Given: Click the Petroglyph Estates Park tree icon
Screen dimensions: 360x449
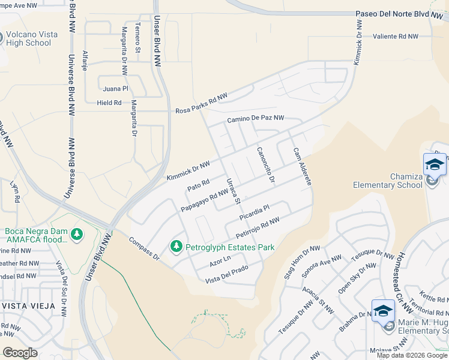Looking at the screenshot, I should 176,246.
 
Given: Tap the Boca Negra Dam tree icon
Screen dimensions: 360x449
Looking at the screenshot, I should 76,233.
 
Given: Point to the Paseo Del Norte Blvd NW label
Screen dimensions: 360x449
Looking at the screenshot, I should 393,14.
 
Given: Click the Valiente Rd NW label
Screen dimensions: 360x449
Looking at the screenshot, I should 395,37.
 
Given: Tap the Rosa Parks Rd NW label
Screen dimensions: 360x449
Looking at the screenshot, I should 202,104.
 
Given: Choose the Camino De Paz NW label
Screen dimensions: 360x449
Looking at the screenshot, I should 255,119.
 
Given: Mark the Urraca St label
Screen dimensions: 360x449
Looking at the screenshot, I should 233,191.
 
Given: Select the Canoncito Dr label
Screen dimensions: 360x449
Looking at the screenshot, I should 265,165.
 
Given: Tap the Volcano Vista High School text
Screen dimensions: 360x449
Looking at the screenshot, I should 31,38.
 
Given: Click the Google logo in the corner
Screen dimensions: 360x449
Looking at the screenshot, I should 20,353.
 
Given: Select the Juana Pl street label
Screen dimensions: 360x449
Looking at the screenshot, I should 116,89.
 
